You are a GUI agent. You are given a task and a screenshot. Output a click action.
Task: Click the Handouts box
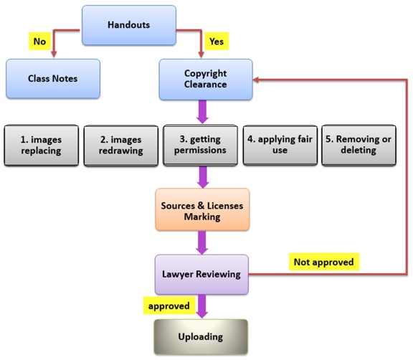(x=129, y=25)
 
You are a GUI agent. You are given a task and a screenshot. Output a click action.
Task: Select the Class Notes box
(x=53, y=79)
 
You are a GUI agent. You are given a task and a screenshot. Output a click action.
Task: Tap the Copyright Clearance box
(x=206, y=80)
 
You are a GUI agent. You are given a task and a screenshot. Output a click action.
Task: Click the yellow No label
(x=39, y=41)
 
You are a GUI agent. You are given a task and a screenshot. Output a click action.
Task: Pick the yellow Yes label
(x=217, y=41)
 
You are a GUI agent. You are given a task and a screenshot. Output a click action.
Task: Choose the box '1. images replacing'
(x=41, y=146)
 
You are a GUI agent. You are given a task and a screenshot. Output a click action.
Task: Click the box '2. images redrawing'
(x=121, y=146)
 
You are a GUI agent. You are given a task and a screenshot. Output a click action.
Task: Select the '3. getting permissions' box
(x=200, y=145)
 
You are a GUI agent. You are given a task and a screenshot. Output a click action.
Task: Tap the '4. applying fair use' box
(x=280, y=145)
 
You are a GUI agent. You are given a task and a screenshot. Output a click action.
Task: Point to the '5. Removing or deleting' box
(x=359, y=145)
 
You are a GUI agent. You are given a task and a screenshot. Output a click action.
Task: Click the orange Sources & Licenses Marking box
(x=202, y=209)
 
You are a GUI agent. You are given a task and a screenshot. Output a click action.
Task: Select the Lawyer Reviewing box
(x=201, y=275)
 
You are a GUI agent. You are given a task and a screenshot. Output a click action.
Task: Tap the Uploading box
(x=201, y=337)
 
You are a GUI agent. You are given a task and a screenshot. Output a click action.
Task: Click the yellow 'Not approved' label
(x=324, y=262)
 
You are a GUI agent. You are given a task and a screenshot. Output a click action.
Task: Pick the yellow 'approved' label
(x=169, y=305)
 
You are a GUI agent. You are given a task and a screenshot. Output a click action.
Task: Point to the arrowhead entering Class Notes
(x=54, y=54)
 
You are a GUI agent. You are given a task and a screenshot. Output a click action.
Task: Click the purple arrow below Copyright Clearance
(x=202, y=112)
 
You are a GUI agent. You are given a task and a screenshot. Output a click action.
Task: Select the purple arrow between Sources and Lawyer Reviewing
(x=202, y=242)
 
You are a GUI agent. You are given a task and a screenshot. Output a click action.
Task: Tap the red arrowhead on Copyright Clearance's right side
(x=256, y=80)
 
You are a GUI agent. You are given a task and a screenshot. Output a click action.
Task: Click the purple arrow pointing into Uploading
(x=201, y=306)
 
